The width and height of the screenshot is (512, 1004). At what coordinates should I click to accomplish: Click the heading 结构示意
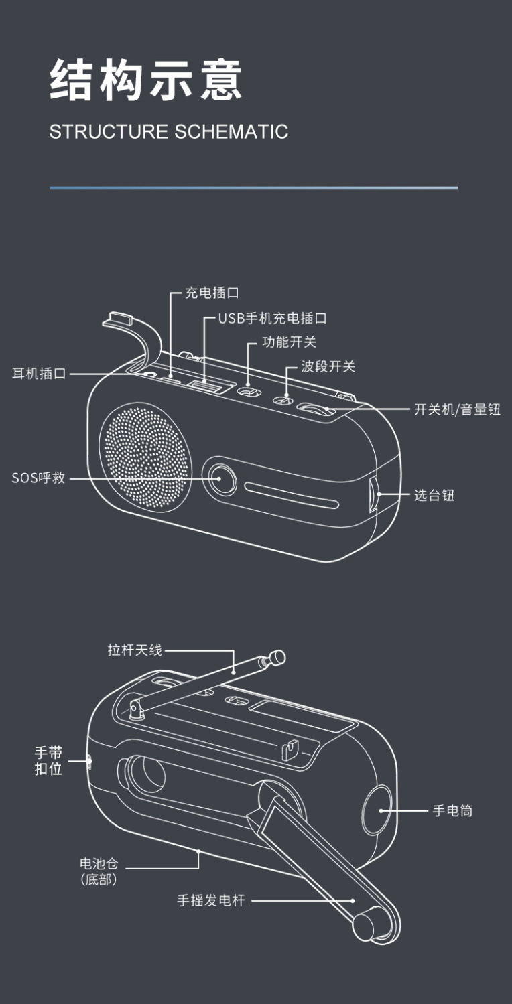145,80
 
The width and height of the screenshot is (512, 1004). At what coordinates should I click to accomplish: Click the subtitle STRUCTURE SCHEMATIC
168,131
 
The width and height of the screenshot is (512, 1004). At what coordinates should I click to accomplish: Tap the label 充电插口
212,293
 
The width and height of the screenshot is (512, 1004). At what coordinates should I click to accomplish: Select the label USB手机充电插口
273,318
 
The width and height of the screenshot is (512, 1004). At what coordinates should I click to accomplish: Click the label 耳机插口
39,374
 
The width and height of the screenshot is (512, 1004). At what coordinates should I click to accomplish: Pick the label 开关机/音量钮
457,409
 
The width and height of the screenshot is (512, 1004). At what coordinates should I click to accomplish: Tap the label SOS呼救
38,478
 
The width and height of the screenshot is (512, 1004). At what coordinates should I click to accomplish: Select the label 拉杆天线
135,650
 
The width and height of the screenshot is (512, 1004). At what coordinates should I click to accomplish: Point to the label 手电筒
452,810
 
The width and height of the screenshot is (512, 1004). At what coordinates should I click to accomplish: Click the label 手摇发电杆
211,901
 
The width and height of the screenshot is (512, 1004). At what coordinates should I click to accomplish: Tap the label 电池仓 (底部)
99,871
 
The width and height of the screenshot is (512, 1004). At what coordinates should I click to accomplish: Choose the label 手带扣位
48,761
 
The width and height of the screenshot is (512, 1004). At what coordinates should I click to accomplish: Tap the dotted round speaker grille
146,455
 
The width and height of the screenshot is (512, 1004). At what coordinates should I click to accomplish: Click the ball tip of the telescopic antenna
277,657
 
